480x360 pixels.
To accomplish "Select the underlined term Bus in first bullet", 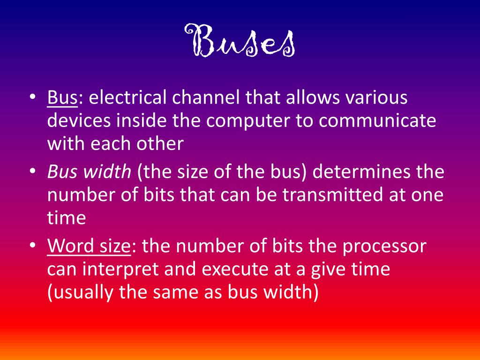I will tap(62, 98).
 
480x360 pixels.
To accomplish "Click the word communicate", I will tap(378, 120).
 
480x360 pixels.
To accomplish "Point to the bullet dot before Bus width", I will tap(32, 172).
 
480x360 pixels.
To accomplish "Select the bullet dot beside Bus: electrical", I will tap(32, 98).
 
